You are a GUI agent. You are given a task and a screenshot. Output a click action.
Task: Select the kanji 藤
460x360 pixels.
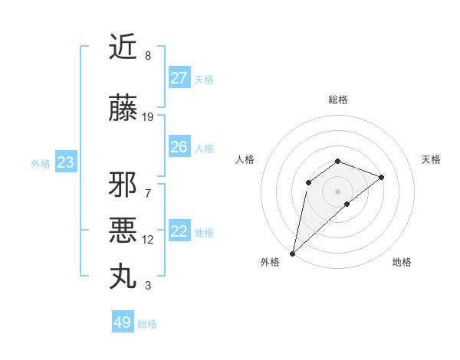click(x=123, y=109)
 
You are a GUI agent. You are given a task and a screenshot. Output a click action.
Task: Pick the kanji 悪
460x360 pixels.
click(x=123, y=230)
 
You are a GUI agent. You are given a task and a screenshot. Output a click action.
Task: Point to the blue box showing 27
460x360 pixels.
click(x=179, y=78)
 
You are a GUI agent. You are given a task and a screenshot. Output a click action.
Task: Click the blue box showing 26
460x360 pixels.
click(x=179, y=147)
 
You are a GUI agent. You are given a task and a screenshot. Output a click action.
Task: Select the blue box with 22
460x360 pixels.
click(x=179, y=231)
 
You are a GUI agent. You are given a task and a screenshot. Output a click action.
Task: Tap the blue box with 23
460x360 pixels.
click(x=65, y=162)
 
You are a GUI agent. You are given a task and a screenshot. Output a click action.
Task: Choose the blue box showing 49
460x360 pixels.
click(x=123, y=322)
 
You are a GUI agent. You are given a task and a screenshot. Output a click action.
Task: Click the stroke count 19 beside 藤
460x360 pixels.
click(x=148, y=117)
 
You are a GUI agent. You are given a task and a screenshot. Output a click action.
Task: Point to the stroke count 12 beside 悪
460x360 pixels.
click(x=148, y=240)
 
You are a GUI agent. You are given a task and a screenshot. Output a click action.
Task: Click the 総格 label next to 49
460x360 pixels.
click(x=147, y=324)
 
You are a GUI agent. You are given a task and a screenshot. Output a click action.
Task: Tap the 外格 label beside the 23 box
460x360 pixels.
click(x=41, y=163)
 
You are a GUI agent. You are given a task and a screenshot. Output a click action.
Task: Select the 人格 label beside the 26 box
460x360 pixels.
click(x=204, y=148)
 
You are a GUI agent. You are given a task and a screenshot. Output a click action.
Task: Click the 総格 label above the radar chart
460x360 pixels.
click(x=338, y=100)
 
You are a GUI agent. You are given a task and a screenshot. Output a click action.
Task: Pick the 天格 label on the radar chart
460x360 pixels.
click(x=432, y=159)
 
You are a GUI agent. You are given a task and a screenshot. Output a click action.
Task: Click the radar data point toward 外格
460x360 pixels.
click(x=292, y=254)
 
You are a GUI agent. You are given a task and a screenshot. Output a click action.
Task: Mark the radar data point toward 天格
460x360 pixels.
click(x=382, y=177)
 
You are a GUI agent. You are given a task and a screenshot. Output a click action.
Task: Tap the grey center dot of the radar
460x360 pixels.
click(x=337, y=191)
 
